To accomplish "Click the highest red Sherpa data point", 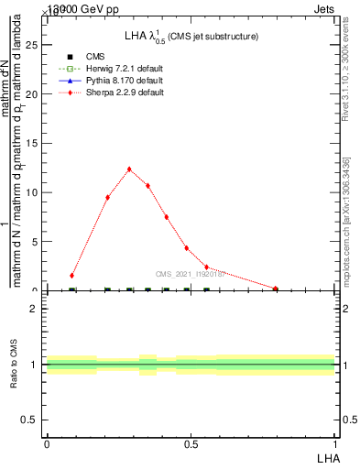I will coord(129,169).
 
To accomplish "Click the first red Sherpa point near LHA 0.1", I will coord(72,275).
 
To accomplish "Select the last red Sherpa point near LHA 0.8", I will coord(275,289).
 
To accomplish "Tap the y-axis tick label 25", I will coord(34,44).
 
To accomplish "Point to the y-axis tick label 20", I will coord(34,93).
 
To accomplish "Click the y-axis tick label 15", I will coord(34,143).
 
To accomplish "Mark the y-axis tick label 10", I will coord(34,192).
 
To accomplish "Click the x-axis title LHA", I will coord(327,457).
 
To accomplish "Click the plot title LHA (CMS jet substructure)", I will coord(191,37).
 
